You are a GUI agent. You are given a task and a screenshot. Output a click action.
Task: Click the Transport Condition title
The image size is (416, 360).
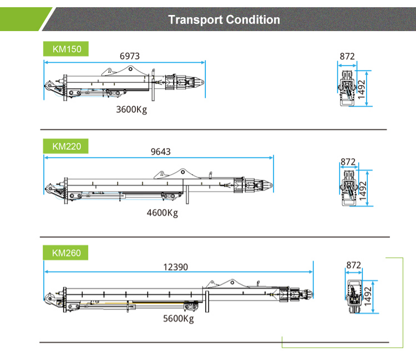[x=224, y=19]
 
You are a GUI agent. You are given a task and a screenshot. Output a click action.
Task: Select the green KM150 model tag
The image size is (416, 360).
[x=66, y=49]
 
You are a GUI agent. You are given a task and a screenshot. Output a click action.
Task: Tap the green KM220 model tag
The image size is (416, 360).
[x=66, y=146]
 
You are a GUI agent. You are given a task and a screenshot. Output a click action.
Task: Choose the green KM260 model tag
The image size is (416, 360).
[x=65, y=252]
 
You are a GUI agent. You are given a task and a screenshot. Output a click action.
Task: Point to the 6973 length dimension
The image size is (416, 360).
[x=129, y=56]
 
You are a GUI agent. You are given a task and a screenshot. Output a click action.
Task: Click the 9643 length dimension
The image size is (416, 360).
[x=160, y=152]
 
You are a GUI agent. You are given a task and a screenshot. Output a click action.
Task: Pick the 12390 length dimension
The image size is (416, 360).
[x=176, y=267]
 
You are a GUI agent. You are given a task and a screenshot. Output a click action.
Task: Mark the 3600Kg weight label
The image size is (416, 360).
[x=131, y=110]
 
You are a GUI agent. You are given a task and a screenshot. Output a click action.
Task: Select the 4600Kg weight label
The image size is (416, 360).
[x=163, y=213]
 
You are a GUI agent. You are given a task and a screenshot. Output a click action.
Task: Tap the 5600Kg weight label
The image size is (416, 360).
[x=178, y=318]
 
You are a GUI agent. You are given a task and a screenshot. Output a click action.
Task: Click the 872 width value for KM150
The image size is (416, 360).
[x=347, y=56]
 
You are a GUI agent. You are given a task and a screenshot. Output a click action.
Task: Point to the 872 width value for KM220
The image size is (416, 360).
[x=348, y=161]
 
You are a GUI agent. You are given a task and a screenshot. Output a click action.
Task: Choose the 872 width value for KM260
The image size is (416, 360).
[x=354, y=265]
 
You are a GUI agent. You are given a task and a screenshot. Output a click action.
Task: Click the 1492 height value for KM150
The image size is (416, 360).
[x=362, y=89]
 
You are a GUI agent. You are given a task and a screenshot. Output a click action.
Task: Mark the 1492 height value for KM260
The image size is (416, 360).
[x=368, y=296]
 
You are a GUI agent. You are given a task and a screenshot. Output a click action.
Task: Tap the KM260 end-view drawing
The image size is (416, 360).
[x=354, y=297]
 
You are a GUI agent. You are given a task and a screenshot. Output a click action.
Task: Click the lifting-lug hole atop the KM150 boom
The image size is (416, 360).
[x=130, y=69]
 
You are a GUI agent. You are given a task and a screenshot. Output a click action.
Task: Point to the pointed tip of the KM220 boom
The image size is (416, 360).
[x=272, y=185]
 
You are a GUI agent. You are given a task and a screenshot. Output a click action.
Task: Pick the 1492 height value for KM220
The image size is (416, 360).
[x=363, y=190]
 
